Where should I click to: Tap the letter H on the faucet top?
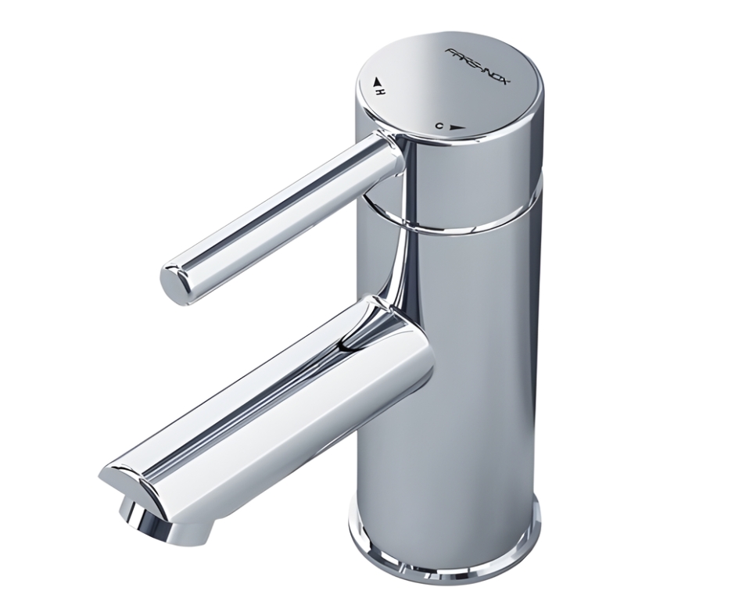(x=382, y=91)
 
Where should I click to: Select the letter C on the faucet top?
(x=439, y=125)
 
